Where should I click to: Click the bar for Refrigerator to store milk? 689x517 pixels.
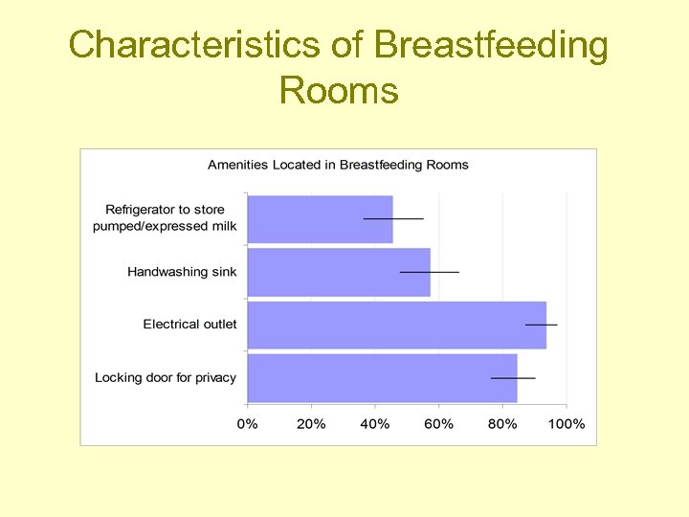320,219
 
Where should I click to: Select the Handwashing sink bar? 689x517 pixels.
339,272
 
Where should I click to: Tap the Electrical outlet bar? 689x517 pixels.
396,325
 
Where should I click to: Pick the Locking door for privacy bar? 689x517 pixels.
382,378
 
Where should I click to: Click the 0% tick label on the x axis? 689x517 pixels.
248,423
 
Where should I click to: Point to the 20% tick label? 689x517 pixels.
311,423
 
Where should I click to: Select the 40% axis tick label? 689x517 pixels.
375,423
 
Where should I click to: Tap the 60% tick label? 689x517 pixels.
439,423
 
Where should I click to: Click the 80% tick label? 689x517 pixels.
503,423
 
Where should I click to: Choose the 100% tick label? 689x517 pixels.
567,423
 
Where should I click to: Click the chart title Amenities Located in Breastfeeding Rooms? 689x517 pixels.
338,165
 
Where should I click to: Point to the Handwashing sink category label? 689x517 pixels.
182,272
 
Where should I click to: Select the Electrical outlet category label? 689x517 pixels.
189,325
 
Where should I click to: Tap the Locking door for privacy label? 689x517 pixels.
166,378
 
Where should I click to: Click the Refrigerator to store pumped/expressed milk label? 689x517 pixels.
165,218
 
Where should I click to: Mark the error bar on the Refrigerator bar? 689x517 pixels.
393,219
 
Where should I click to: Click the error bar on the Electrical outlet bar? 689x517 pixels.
541,325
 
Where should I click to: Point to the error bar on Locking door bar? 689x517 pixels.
513,378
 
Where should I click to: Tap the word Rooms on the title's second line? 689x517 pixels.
339,91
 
